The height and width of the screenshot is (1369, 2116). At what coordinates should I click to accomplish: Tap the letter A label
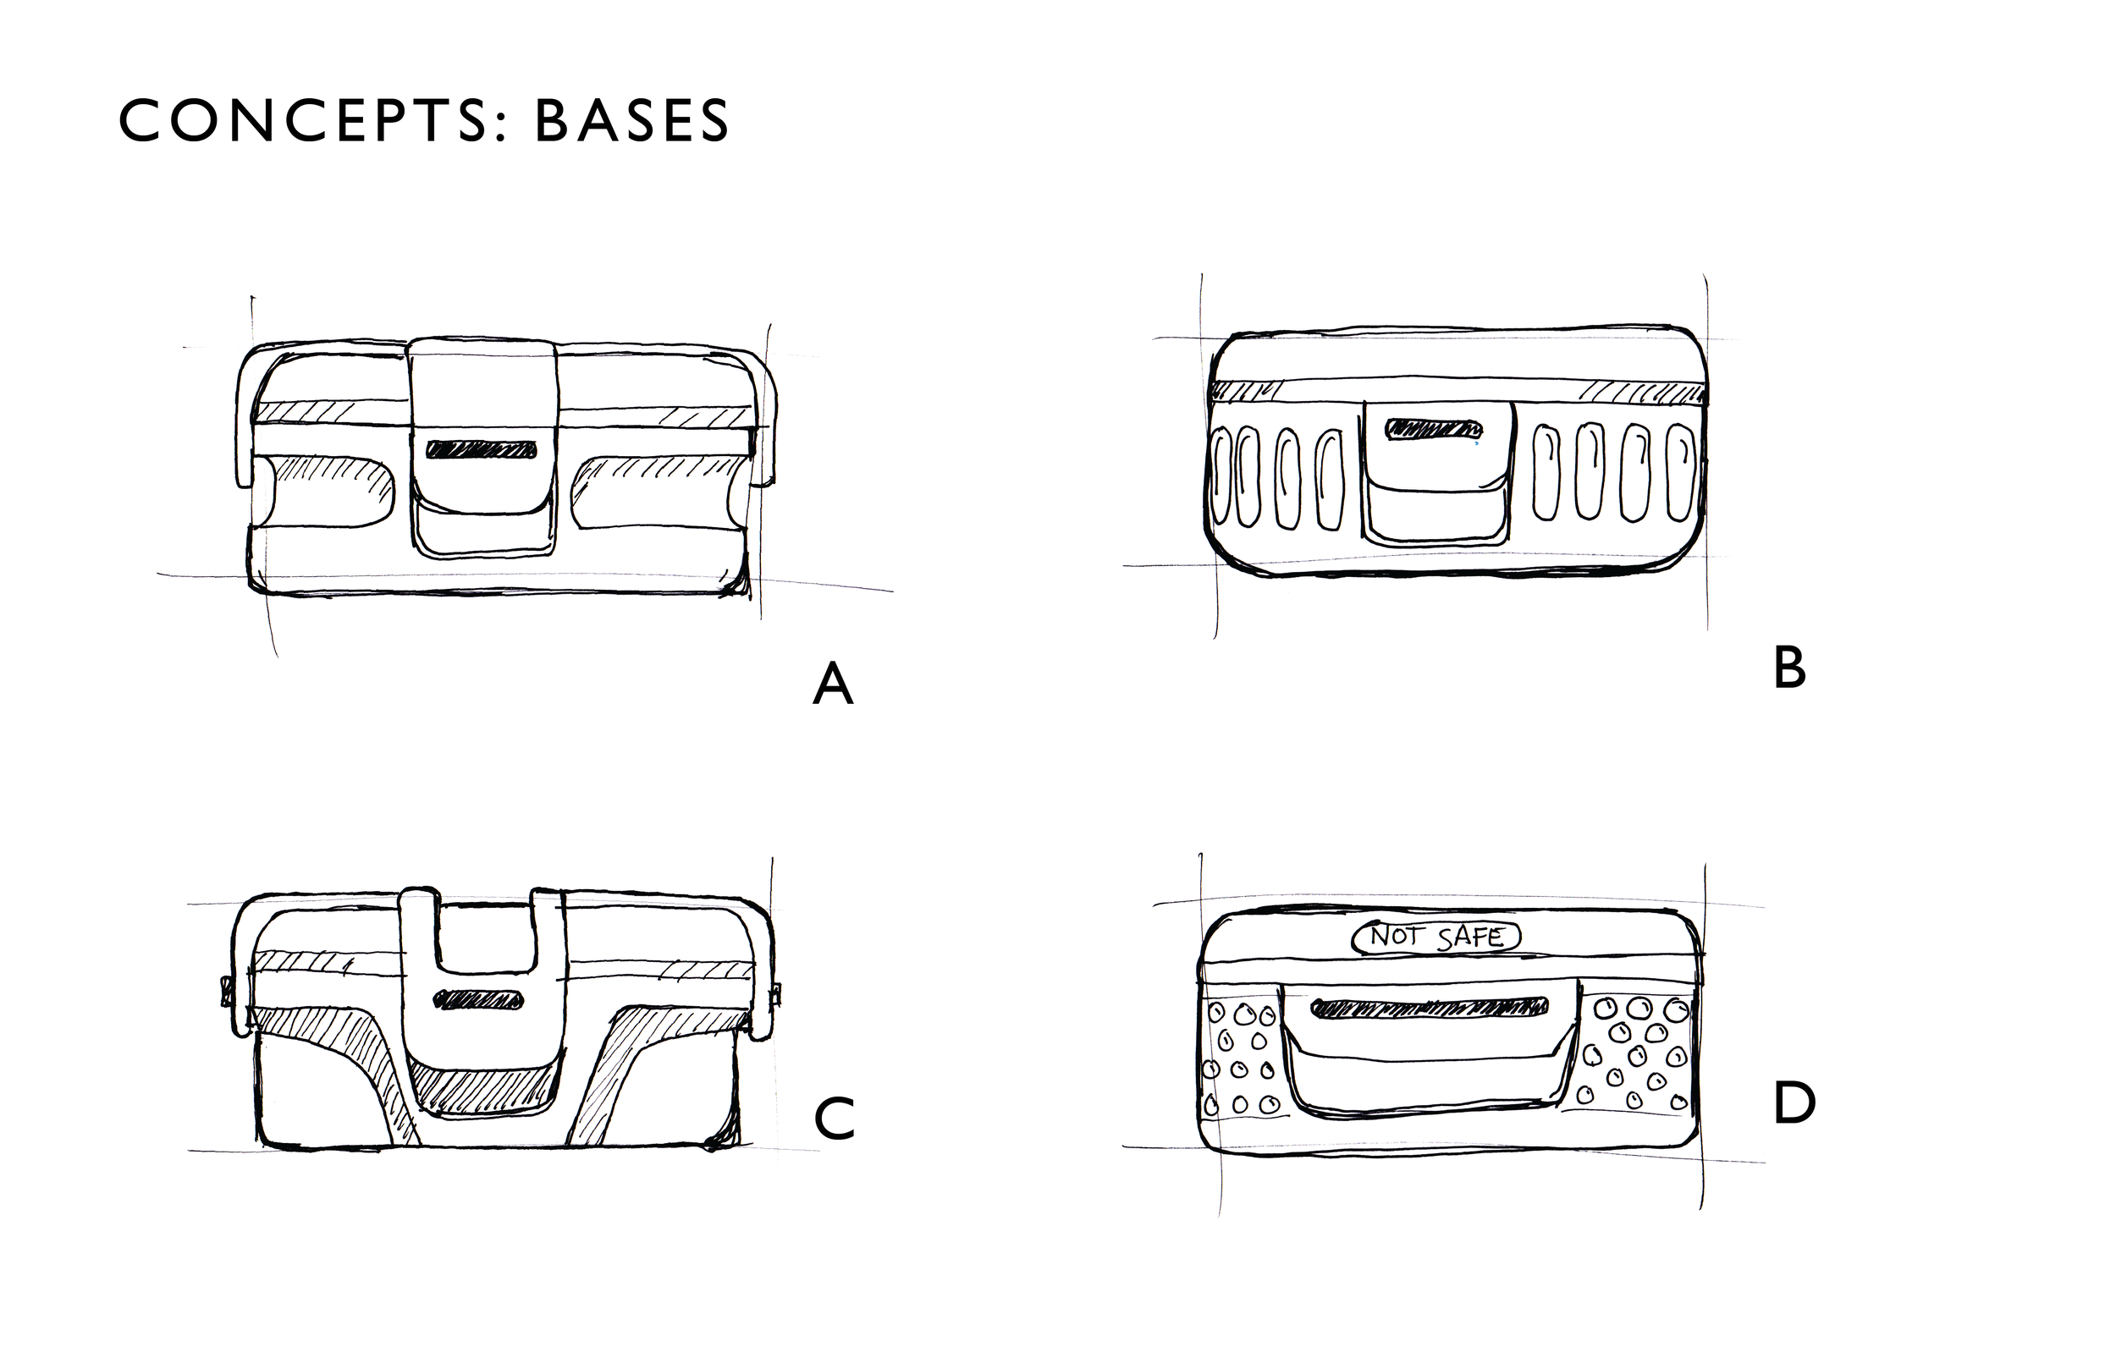pos(833,685)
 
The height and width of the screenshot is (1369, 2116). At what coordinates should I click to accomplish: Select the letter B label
pos(1788,668)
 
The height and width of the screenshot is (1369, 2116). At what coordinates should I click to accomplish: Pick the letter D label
pos(1794,1105)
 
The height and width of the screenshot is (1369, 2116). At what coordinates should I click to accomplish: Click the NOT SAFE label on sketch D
pos(1435,937)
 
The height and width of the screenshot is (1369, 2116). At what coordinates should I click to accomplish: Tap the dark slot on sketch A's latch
pos(482,449)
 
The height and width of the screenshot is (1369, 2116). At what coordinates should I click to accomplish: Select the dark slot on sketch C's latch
pos(477,1000)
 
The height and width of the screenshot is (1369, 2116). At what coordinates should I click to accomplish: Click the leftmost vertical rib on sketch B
pos(1223,476)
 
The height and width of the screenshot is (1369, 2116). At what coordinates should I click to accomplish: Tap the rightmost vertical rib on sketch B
pos(1678,473)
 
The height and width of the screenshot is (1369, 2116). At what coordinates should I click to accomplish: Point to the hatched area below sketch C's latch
pos(484,1091)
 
